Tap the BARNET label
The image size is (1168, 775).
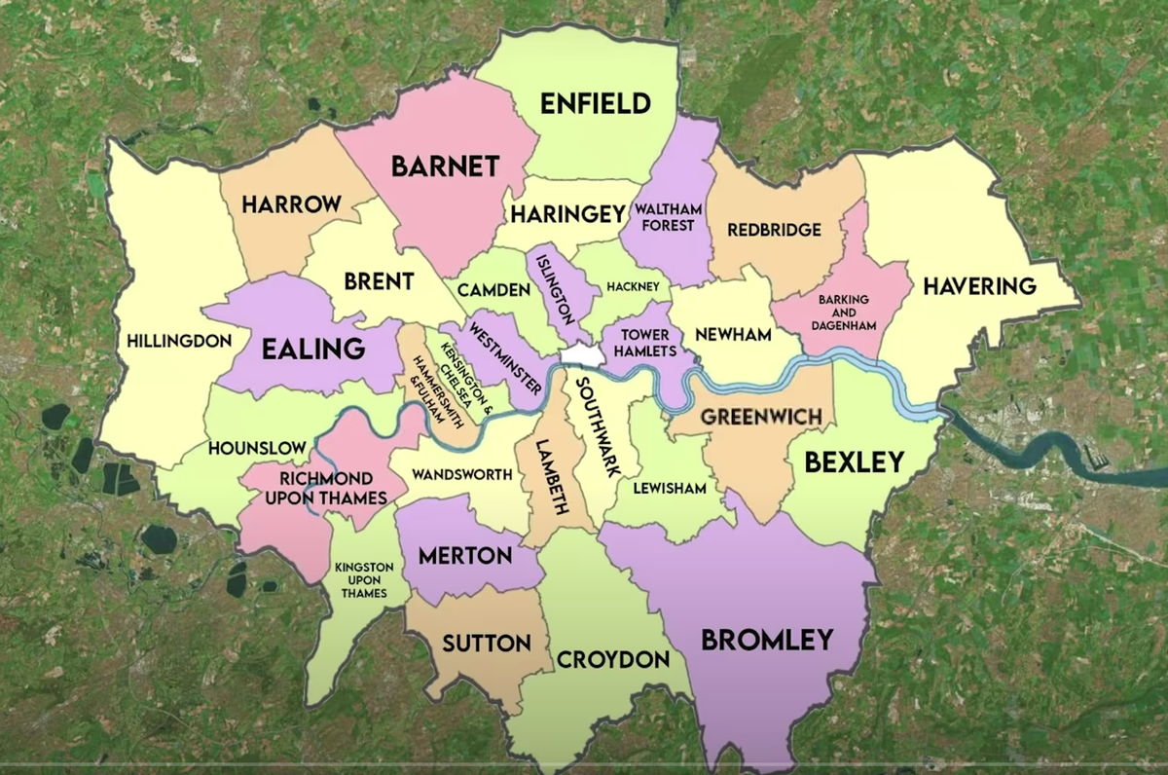[444, 166]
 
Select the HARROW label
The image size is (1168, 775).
[291, 204]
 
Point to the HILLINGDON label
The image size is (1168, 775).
[179, 342]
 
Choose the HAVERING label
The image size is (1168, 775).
[979, 286]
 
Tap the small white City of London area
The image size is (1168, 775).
[582, 356]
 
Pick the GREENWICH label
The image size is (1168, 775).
[761, 417]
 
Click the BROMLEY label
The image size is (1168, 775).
[767, 640]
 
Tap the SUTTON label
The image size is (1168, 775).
[487, 644]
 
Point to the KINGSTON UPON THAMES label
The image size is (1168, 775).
[363, 579]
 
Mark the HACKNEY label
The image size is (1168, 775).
[633, 287]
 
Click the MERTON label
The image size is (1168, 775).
[464, 556]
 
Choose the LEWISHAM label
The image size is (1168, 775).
[669, 488]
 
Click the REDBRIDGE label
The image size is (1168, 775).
[775, 231]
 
